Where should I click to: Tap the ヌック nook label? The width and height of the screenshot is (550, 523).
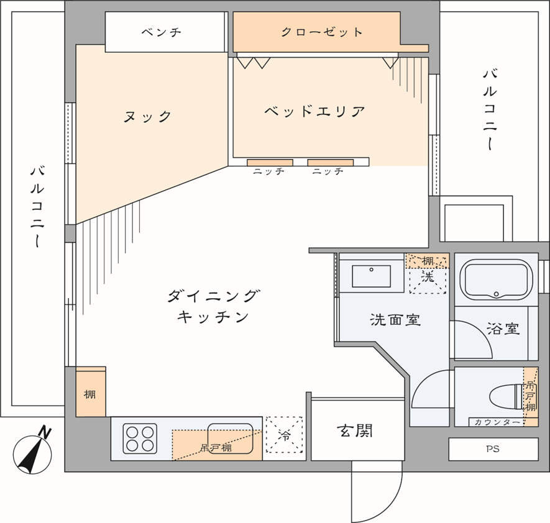(147, 116)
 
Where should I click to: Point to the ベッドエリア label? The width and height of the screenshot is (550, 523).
(314, 112)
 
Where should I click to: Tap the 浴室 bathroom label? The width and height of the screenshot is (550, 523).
(503, 329)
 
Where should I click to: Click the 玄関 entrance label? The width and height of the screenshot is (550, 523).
(355, 430)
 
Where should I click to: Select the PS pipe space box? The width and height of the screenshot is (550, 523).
(493, 449)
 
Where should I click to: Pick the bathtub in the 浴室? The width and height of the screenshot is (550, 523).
(495, 280)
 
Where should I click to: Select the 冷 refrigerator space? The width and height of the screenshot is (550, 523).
(284, 437)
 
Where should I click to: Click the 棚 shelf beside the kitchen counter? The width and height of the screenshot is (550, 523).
(91, 394)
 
